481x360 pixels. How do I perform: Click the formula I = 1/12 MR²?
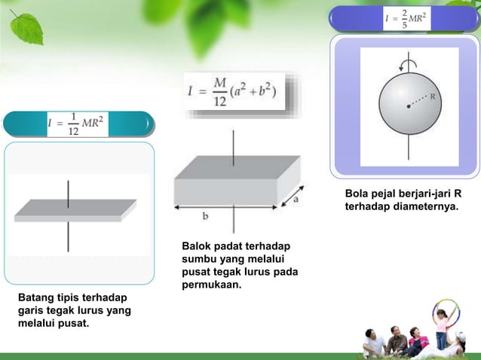(x=76, y=124)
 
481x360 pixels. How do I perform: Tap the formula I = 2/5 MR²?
(x=407, y=18)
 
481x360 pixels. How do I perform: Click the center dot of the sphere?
(x=409, y=106)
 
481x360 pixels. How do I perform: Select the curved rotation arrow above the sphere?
(x=408, y=64)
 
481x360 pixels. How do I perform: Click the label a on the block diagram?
(x=296, y=200)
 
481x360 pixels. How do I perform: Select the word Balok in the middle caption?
(x=198, y=246)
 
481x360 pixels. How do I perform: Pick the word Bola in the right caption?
(x=358, y=192)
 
